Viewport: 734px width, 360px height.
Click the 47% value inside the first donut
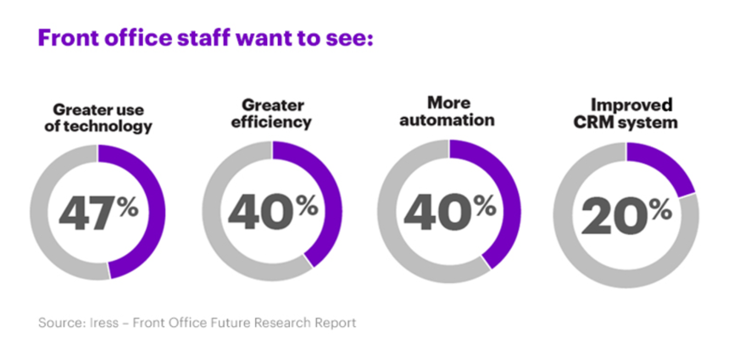pos(97,212)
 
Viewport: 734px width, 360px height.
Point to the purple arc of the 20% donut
pos(665,166)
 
